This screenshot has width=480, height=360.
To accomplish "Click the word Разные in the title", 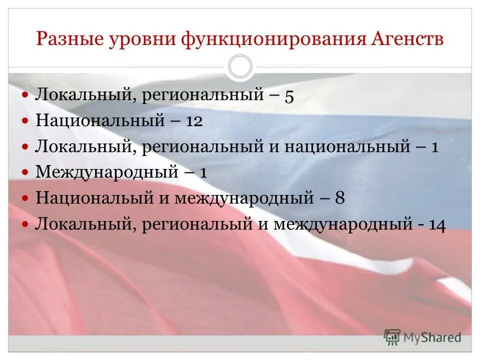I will (68, 39).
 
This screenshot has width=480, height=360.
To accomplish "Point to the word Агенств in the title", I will (407, 39).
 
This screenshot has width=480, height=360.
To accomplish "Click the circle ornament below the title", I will (240, 67).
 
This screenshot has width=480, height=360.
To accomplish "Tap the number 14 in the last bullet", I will (436, 224).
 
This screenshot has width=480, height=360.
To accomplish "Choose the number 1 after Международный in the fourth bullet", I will (203, 172).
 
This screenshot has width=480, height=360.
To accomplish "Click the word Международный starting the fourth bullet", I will (107, 172).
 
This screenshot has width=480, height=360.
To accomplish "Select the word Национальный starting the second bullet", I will (100, 121).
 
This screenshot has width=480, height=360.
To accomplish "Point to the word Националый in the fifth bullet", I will (94, 198).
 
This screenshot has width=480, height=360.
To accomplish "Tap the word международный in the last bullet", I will (342, 224).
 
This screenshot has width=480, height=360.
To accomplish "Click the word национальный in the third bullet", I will (344, 147).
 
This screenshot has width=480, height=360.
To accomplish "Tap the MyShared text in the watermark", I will (433, 337).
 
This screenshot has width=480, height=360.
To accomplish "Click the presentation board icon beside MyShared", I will (392, 337).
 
